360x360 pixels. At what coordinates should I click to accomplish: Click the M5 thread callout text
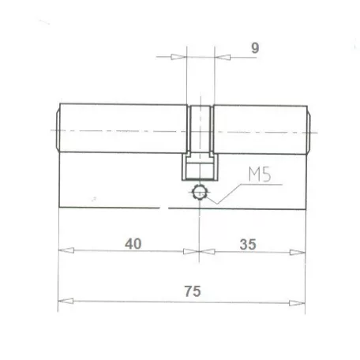pyautogui.click(x=255, y=172)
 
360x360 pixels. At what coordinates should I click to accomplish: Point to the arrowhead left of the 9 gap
pyautogui.click(x=179, y=57)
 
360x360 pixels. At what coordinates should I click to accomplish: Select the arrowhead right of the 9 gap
pyautogui.click(x=221, y=57)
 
